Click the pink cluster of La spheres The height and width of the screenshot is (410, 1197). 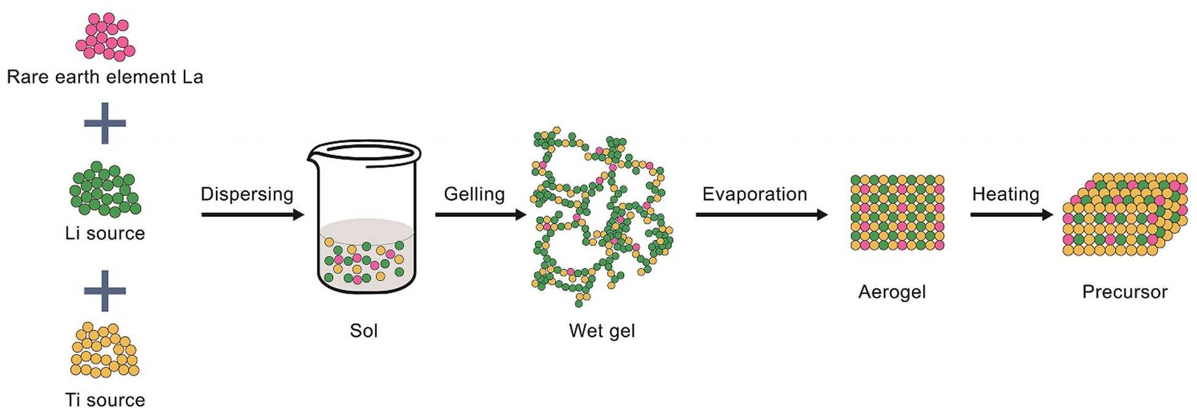(x=105, y=36)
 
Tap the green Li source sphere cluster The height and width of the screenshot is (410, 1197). (x=105, y=190)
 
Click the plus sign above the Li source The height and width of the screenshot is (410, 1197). (x=105, y=123)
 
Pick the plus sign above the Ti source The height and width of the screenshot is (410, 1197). (x=105, y=291)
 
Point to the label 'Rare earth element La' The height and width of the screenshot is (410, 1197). (x=105, y=77)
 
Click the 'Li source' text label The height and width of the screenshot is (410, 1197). (x=105, y=233)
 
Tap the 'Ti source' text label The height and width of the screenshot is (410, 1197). (x=105, y=400)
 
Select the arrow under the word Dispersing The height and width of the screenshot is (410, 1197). (x=252, y=215)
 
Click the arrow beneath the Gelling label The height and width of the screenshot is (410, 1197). (x=480, y=215)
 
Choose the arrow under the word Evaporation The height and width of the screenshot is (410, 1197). (x=762, y=215)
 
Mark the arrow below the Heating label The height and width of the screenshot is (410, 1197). (x=1011, y=215)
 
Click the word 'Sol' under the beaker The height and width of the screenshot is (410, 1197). (x=364, y=331)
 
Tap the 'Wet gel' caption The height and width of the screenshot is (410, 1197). (x=602, y=331)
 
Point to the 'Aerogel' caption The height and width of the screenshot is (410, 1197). (x=892, y=292)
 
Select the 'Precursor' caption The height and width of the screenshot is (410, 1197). (x=1124, y=292)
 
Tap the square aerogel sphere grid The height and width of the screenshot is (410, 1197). (x=897, y=212)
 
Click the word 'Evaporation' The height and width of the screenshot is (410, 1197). (x=755, y=194)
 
